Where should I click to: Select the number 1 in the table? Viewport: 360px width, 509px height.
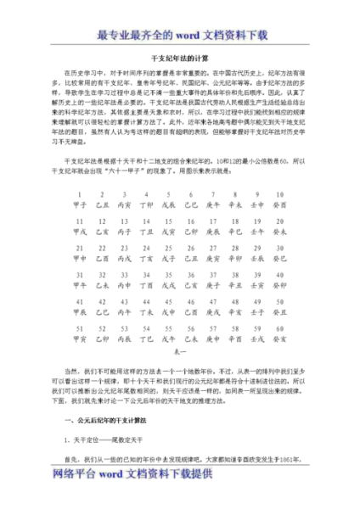click(x=81, y=193)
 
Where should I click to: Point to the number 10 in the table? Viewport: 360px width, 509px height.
click(x=281, y=193)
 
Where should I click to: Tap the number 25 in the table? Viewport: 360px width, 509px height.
click(x=169, y=247)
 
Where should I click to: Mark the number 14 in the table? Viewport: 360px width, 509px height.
click(x=147, y=221)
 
